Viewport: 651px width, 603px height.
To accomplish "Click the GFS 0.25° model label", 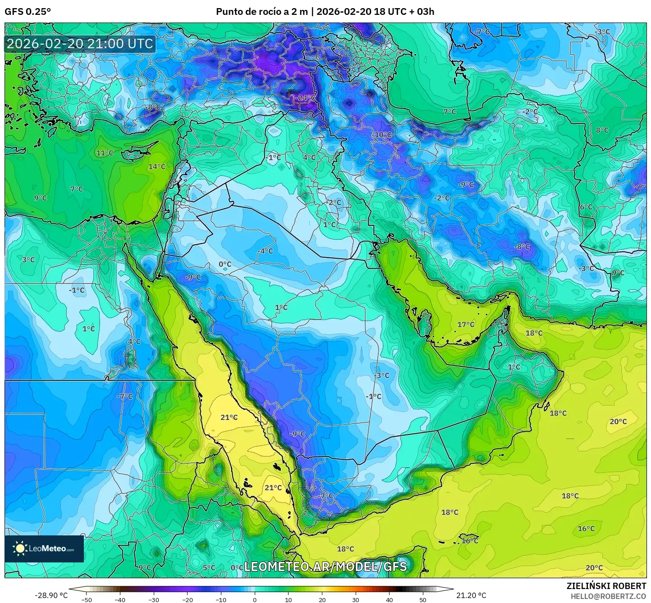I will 28,12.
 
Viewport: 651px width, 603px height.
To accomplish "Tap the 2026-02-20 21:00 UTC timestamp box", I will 80,44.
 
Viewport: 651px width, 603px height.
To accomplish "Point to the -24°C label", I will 306,98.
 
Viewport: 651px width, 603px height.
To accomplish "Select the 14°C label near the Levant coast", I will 157,167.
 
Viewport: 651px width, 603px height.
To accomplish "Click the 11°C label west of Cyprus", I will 105,153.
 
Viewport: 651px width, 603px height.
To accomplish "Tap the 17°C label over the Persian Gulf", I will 466,324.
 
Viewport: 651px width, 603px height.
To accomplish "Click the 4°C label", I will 309,158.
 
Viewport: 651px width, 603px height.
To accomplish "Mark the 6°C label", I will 586,207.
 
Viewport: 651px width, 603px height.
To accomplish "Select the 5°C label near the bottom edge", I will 209,568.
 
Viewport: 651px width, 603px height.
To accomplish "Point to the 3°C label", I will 28,260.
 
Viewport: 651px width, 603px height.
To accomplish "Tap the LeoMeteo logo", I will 44,548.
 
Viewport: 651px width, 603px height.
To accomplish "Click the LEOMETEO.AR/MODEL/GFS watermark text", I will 325,566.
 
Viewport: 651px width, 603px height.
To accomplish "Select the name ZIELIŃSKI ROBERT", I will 606,586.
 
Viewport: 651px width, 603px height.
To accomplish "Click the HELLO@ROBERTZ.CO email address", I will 608,596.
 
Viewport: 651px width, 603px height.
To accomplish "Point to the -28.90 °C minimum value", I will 51,595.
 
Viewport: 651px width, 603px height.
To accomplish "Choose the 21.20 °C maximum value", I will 471,595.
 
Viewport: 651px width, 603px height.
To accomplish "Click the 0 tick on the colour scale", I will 255,599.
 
